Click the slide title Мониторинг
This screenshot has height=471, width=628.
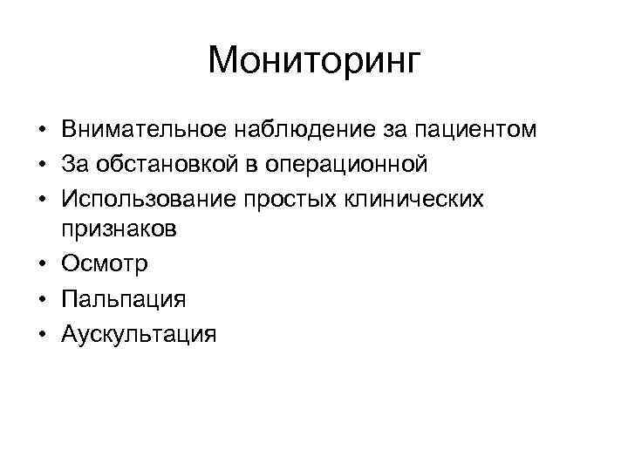pos(314,61)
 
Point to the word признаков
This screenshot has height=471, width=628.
pos(119,230)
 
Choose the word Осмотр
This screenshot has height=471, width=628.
pos(106,264)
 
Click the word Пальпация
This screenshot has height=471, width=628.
pos(124,299)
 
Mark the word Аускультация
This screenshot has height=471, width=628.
pos(139,333)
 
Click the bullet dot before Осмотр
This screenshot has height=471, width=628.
pos(42,265)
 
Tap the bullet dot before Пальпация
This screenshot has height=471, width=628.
pos(42,299)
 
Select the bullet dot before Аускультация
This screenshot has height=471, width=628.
pos(42,333)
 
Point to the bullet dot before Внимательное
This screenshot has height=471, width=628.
pos(42,132)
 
